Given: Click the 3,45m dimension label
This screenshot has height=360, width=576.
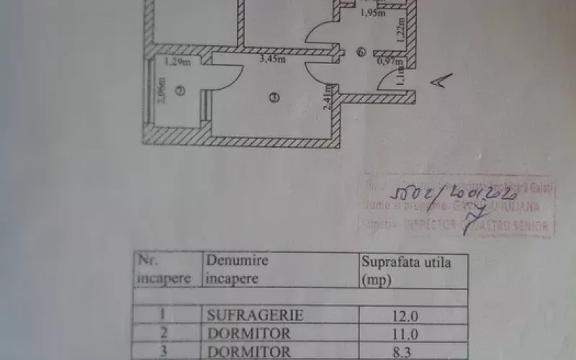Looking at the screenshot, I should coord(273,59).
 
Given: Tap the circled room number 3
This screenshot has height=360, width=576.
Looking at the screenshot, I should coord(273,99).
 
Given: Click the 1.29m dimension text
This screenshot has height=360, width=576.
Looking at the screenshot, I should coord(176,62).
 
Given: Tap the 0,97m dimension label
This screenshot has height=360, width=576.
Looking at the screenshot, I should coord(387,62).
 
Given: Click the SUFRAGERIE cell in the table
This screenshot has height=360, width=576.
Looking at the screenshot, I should coord(255,315).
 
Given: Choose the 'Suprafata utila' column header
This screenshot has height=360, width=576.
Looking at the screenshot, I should coord(406,270).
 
